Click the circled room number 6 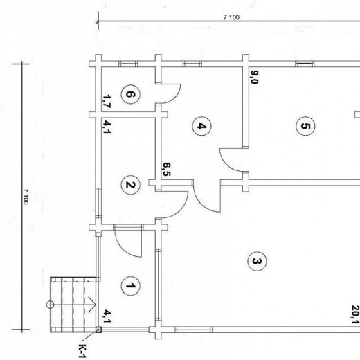point(130,94)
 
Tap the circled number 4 point(201,126)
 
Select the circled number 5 point(305,126)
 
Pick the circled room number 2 point(130,185)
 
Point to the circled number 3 point(257,261)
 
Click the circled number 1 point(130,286)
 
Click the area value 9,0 point(254,78)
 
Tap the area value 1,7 point(107,102)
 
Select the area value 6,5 point(166,169)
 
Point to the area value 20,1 point(356,314)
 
